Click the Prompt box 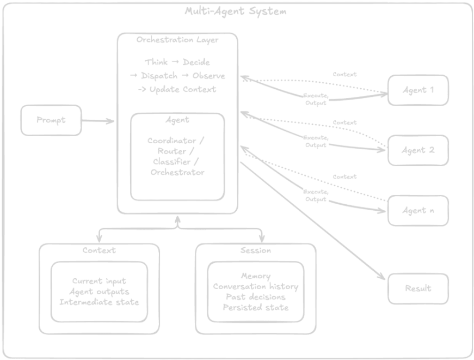coord(51,120)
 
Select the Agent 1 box coord(418,90)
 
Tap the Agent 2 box coord(418,150)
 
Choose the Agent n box coord(418,211)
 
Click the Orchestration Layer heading coord(177,40)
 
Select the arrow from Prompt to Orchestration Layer coord(99,120)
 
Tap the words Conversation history coord(255,286)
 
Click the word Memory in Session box coord(256,276)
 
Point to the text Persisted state coord(255,307)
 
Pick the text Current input coord(99,282)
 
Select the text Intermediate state coord(99,302)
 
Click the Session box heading coord(255,250)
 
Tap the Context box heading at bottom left coord(99,250)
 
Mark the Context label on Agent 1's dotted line coord(344,74)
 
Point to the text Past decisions coord(255,297)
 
